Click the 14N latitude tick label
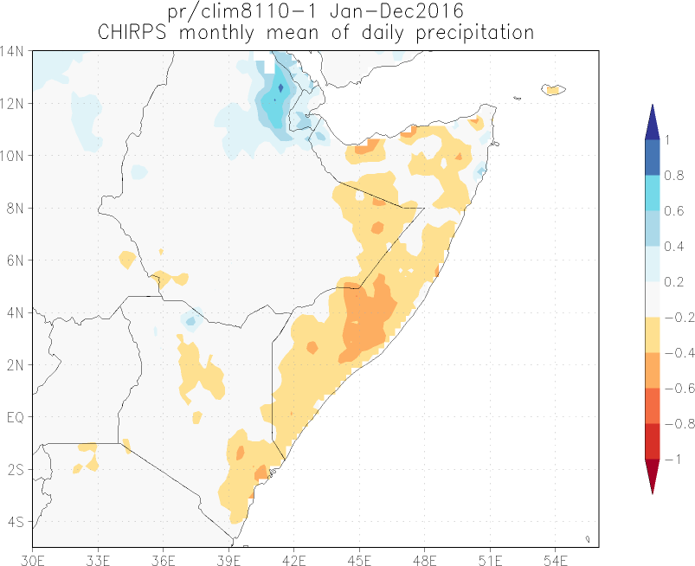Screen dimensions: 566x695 (x=14, y=50)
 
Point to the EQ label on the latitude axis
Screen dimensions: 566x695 (x=14, y=417)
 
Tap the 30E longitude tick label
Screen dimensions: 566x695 (x=33, y=557)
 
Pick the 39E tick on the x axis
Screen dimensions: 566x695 (x=228, y=557)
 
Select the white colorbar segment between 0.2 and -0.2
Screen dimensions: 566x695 (x=653, y=299)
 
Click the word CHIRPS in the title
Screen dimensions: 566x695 (x=132, y=33)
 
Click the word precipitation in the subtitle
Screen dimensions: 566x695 (x=463, y=33)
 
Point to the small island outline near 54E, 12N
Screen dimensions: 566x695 (x=553, y=89)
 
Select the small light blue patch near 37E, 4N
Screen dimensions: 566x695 (x=190, y=321)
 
